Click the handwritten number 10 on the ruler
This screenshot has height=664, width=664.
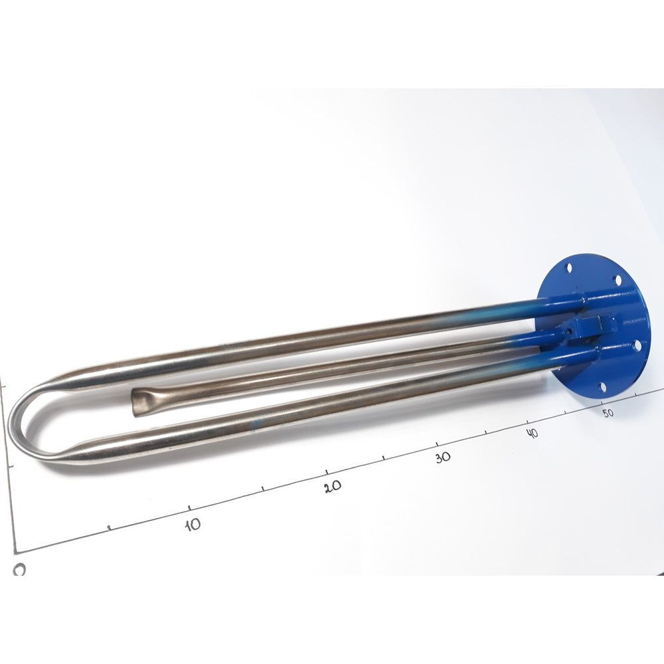tap(193, 525)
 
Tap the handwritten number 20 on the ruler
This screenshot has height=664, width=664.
tap(333, 487)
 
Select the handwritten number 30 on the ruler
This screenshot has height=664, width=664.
tap(443, 457)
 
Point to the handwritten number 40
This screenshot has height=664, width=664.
tap(533, 433)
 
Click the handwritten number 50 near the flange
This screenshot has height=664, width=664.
tap(608, 412)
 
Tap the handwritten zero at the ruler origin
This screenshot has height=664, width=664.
tap(19, 570)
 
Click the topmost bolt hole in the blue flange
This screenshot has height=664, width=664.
tap(569, 267)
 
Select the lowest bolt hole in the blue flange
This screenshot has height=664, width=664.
tap(603, 387)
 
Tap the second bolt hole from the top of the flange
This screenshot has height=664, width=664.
tap(618, 280)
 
